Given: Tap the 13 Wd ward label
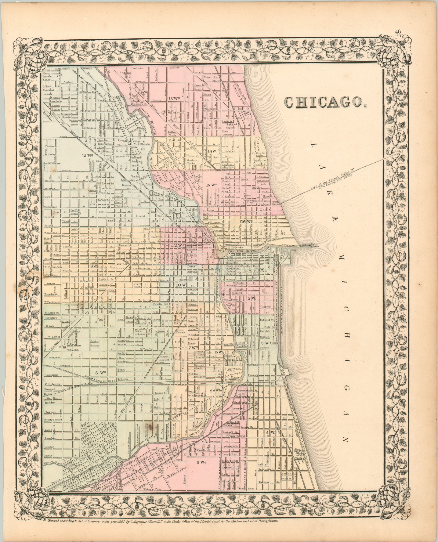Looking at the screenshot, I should [174, 98].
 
